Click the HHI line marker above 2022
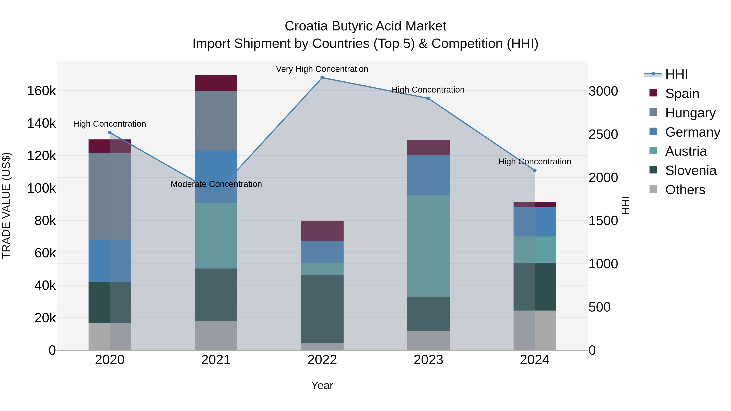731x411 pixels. (x=322, y=78)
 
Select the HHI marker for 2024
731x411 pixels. (x=535, y=170)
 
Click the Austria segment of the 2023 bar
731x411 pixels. (x=428, y=246)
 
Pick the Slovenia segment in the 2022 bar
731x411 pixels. (x=322, y=309)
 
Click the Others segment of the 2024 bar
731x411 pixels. (x=535, y=330)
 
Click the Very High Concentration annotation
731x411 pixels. (x=322, y=69)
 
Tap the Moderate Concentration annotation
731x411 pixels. (x=216, y=184)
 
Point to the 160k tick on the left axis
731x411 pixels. (x=41, y=91)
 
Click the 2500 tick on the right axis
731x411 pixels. (x=603, y=134)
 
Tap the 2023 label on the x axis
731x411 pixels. (x=428, y=360)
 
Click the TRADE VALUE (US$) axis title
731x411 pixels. (x=6, y=205)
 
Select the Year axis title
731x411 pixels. (x=322, y=385)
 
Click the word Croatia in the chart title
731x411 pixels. (x=306, y=26)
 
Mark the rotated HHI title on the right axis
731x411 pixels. (x=625, y=205)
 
